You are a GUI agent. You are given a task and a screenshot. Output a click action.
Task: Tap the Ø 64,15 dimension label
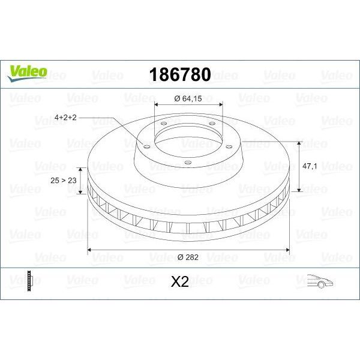[188, 98]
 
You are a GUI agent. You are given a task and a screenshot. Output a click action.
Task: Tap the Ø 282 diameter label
[188, 257]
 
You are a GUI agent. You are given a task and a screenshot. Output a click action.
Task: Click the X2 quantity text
[180, 282]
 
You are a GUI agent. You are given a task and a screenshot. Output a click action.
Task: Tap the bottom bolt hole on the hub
[187, 161]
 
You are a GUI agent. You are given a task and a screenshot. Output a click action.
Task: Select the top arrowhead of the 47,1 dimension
[298, 143]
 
